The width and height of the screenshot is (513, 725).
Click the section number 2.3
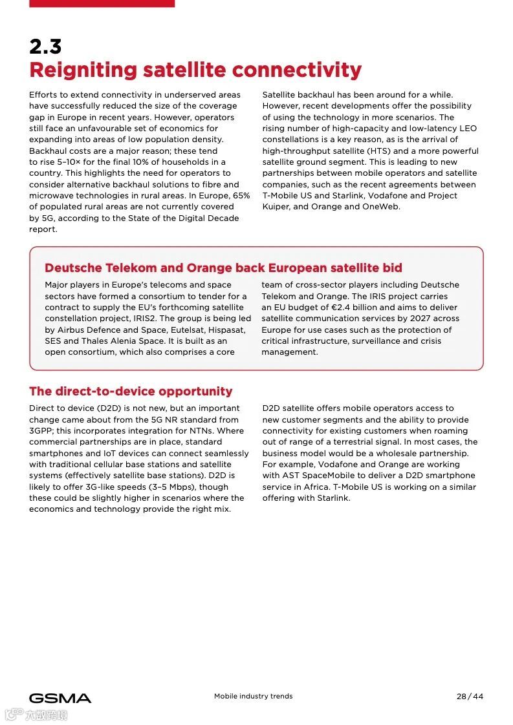[45, 47]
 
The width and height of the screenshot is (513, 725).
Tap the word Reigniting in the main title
[83, 70]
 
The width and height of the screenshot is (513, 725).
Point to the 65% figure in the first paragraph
[241, 195]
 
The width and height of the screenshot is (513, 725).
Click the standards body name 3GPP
[42, 431]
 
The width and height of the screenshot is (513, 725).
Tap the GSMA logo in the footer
[60, 698]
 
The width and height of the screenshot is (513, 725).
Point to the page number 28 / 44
[470, 697]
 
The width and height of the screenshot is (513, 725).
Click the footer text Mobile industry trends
[254, 697]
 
